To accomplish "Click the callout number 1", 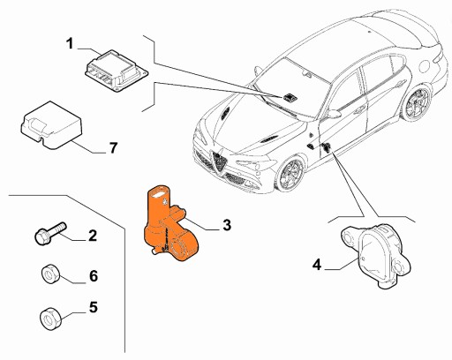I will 71,41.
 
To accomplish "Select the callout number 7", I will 112,147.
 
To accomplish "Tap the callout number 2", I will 91,235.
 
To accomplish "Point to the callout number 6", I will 91,275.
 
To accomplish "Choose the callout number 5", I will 91,310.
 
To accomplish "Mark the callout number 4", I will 316,263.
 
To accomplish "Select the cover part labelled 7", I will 48,124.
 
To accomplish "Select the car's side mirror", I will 334,114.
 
